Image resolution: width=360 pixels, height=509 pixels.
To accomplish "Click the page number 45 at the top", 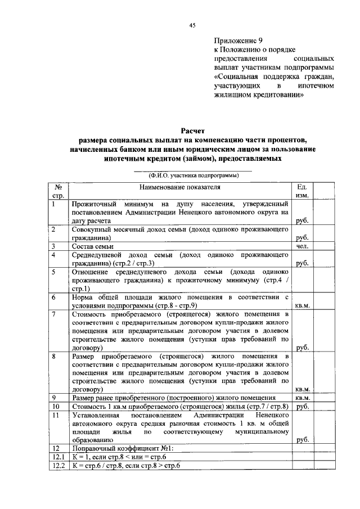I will tap(192, 25).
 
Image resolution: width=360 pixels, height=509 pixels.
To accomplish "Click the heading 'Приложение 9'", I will tap(238, 40).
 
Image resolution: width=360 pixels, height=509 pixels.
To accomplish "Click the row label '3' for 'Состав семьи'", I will tap(53, 246).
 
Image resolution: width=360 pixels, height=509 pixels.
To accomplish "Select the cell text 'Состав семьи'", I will tap(93, 246).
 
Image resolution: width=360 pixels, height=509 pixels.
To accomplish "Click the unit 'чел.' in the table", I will tap(301, 246).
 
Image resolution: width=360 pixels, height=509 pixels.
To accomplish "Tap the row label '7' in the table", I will tap(53, 313).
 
